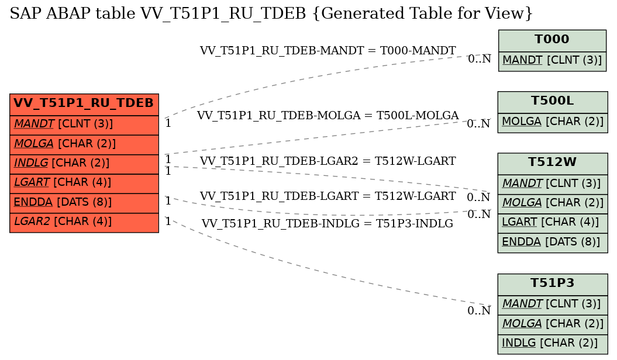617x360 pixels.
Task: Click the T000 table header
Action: (x=552, y=40)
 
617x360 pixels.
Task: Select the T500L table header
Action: (x=553, y=102)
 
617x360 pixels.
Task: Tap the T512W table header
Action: (x=553, y=162)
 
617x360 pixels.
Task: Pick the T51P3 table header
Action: (x=553, y=283)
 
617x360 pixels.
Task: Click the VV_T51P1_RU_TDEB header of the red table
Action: (x=84, y=104)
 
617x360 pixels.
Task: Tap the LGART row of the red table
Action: (x=84, y=183)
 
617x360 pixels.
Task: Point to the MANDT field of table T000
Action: (x=552, y=61)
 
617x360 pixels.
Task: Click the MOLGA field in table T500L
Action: (x=553, y=122)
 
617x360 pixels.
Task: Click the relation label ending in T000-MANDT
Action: (x=328, y=51)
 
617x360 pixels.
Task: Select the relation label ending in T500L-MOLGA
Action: (x=328, y=116)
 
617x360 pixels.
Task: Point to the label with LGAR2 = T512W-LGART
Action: (x=328, y=161)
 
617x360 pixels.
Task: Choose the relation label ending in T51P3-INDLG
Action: (x=328, y=224)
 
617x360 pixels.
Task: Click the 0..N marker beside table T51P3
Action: (x=479, y=311)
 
